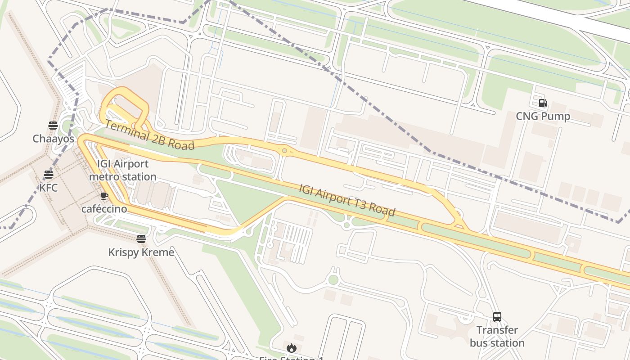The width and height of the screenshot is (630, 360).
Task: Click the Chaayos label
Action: point(53,139)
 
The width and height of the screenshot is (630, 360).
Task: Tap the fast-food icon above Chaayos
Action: point(53,125)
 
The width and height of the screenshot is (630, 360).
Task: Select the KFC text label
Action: point(49,188)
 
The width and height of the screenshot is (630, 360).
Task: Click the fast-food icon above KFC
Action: point(49,175)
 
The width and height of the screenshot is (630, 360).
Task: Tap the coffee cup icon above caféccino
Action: point(104,196)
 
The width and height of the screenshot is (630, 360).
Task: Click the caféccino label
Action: point(104,209)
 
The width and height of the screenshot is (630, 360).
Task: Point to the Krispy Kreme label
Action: point(141,252)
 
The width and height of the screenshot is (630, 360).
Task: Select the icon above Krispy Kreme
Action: point(141,239)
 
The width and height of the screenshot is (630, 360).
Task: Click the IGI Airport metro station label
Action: point(122,171)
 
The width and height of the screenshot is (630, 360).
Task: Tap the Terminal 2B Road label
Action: point(149,135)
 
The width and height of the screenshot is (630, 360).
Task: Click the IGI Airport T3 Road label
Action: point(347,200)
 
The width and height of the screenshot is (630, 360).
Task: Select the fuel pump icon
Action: point(543,103)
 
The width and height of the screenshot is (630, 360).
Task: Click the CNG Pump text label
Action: point(543,117)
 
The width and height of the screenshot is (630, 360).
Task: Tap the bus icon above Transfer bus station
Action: point(497,317)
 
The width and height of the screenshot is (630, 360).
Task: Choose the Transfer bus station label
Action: point(497,337)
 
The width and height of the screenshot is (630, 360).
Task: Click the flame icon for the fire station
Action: point(291,348)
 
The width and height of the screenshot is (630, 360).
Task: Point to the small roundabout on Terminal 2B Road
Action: point(284,151)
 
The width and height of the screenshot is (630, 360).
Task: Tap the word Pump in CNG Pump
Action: point(556,117)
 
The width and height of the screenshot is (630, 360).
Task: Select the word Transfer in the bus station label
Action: point(497,330)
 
